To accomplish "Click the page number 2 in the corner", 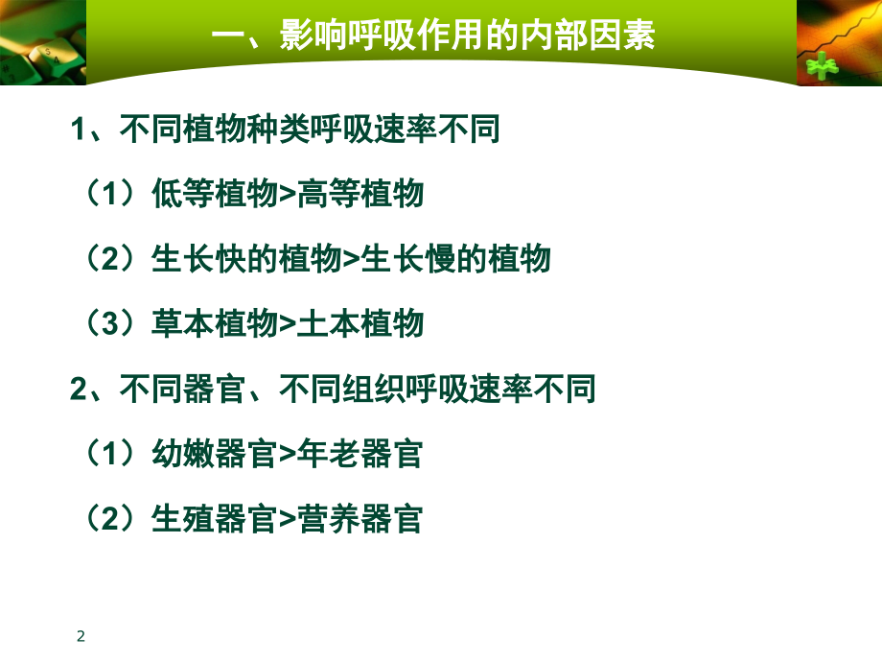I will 81,636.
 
